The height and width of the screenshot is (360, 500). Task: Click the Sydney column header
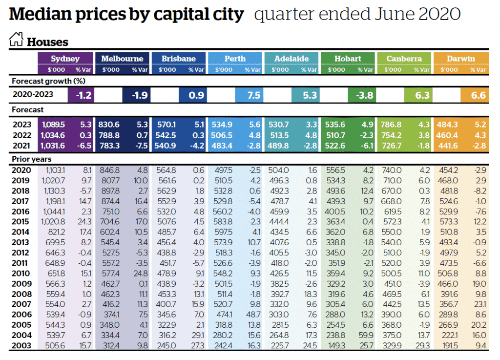coord(65,59)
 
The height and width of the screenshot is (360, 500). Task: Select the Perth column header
coord(235,59)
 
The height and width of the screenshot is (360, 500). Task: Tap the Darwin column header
coord(460,59)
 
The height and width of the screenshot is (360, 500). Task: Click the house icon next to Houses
coord(16,40)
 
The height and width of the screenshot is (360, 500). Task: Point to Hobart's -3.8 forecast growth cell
coord(363,95)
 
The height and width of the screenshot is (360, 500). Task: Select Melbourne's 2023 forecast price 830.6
coord(109,125)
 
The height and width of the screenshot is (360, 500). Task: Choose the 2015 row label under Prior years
coord(21,222)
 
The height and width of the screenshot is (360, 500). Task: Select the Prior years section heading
coord(31,159)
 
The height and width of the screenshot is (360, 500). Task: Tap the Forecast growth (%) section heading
coord(42,81)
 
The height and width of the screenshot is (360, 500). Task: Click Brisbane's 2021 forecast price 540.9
coord(166,145)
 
